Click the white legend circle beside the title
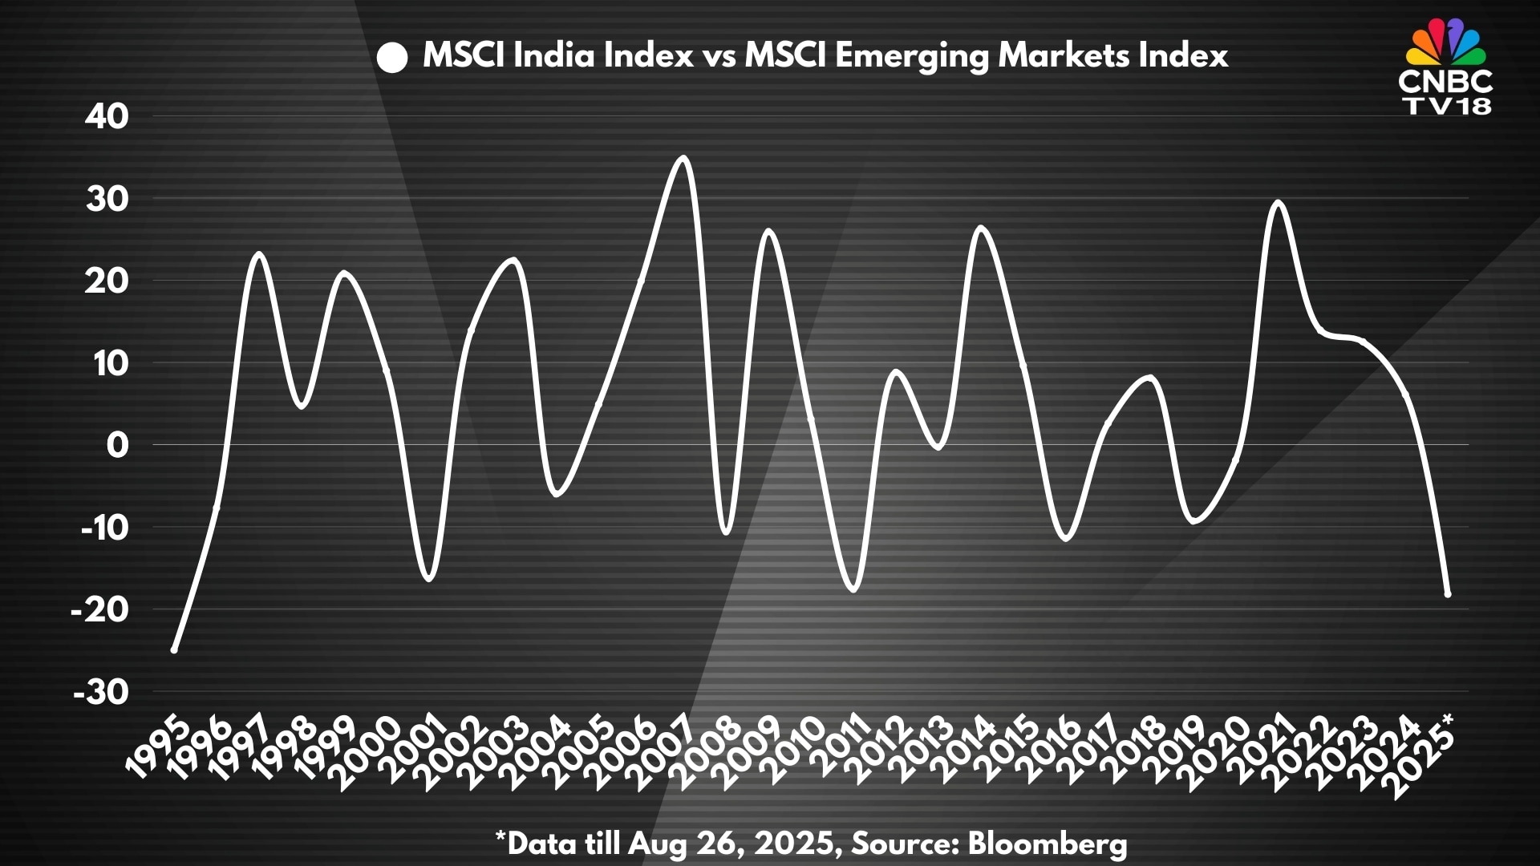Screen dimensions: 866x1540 click(x=393, y=58)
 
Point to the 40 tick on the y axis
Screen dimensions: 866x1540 click(x=107, y=117)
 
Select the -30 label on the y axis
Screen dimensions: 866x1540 click(x=101, y=692)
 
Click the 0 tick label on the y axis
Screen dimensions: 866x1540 click(x=117, y=445)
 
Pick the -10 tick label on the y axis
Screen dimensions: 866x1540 click(x=105, y=528)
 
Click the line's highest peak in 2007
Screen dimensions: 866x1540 click(x=683, y=157)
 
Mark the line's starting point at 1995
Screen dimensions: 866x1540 click(x=174, y=649)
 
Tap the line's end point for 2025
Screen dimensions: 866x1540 click(x=1448, y=594)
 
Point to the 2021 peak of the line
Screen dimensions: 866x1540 click(x=1278, y=202)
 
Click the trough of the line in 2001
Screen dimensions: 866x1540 click(x=429, y=578)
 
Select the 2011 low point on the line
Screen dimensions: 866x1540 click(x=853, y=590)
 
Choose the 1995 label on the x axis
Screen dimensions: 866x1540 click(x=159, y=749)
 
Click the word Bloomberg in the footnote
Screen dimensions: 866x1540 click(x=1048, y=844)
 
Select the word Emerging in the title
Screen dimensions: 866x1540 click(x=912, y=56)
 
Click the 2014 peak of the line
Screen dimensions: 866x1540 click(x=982, y=228)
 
